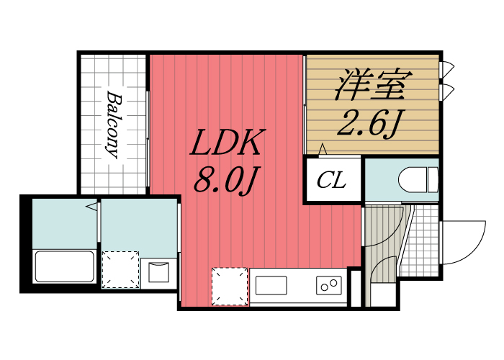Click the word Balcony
tap(113, 123)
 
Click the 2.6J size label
tap(369, 125)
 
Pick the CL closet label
tap(332, 179)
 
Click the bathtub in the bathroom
tap(65, 267)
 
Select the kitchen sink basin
tap(270, 285)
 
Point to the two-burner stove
tap(329, 285)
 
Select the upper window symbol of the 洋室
tap(446, 68)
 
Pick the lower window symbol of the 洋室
tap(446, 91)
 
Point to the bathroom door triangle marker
tap(92, 208)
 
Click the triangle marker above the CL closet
tap(323, 150)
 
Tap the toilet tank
tap(432, 180)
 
